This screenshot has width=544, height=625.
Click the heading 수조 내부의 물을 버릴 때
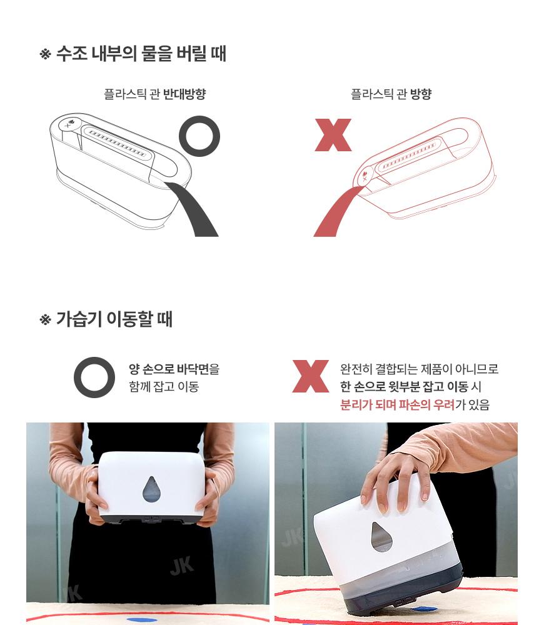click(141, 53)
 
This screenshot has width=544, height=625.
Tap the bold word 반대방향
click(184, 94)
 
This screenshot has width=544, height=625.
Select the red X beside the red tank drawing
click(333, 135)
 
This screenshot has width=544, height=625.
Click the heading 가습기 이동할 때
click(114, 319)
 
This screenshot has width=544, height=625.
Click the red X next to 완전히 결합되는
click(310, 376)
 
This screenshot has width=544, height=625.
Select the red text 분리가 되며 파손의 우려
click(397, 404)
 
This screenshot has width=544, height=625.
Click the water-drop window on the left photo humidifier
click(150, 489)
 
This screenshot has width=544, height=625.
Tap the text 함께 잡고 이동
click(164, 386)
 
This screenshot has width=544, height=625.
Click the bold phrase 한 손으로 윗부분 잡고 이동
click(404, 386)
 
